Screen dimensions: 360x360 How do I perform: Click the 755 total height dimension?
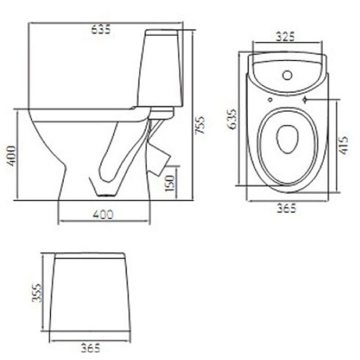pos(199,125)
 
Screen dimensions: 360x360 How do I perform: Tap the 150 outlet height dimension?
pos(170,183)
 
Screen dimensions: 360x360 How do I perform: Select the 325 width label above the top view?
pos(285,36)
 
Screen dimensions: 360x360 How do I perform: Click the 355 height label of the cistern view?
pos(36,293)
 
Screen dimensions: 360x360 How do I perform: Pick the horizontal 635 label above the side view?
pos(101,29)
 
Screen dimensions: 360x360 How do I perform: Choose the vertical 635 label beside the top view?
pos(231,119)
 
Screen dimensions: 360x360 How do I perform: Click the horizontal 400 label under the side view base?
pos(103,215)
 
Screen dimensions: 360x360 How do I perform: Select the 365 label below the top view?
pos(287,208)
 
